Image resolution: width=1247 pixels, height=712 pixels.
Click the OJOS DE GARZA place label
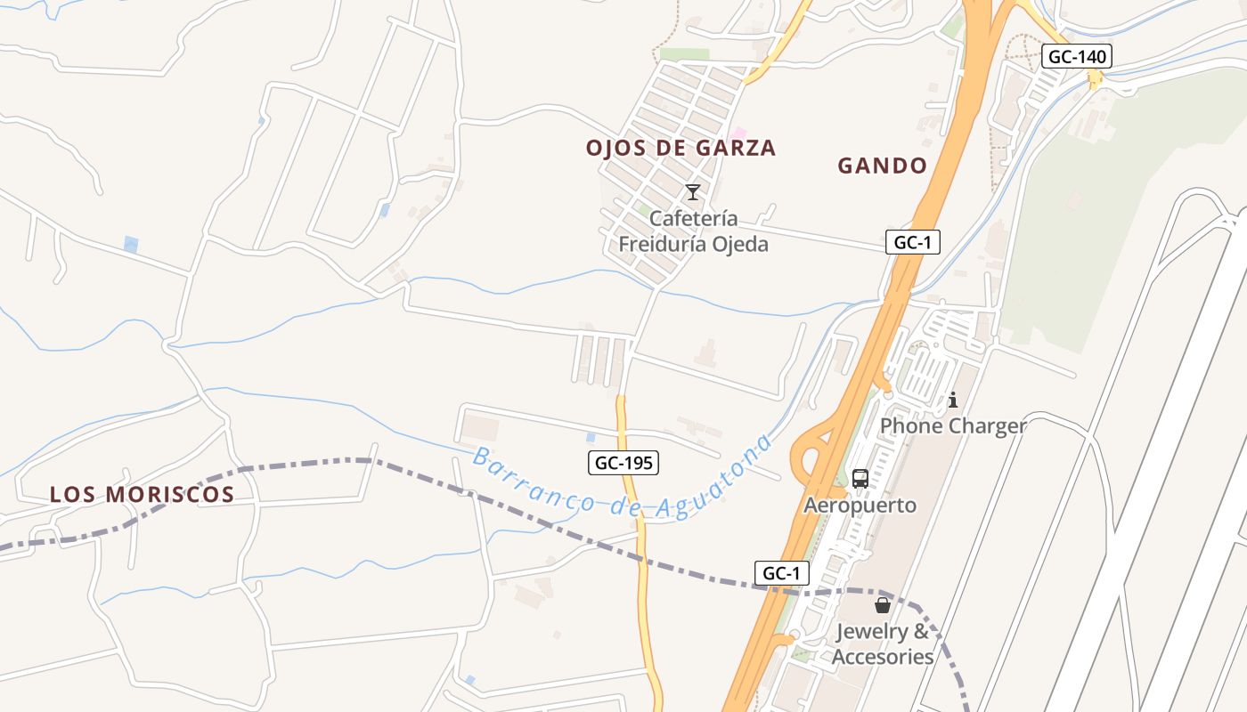(681, 148)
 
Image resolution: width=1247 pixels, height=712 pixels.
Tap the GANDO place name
(882, 166)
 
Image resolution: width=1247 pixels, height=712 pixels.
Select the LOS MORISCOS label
(142, 495)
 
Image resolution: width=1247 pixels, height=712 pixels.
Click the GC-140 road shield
(1077, 57)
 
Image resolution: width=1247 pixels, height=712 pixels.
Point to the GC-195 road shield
(623, 463)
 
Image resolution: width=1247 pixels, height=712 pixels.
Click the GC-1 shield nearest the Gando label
(913, 242)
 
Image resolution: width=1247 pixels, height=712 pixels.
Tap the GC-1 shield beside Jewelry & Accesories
(781, 573)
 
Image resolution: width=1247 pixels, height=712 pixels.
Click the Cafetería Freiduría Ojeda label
(693, 231)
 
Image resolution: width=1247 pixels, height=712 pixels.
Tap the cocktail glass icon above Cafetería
(692, 192)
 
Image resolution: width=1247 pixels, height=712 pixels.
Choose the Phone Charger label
(953, 425)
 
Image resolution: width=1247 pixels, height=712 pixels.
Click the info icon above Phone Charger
(952, 400)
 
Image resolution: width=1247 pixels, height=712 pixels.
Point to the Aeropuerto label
(860, 506)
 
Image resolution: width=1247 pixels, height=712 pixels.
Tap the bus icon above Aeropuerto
(860, 479)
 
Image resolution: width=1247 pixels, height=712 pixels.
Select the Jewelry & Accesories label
(882, 644)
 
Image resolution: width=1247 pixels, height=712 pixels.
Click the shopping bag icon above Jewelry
(882, 605)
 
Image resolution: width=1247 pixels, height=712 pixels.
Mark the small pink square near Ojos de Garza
(738, 133)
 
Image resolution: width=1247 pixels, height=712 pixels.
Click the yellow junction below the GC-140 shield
(1095, 79)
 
